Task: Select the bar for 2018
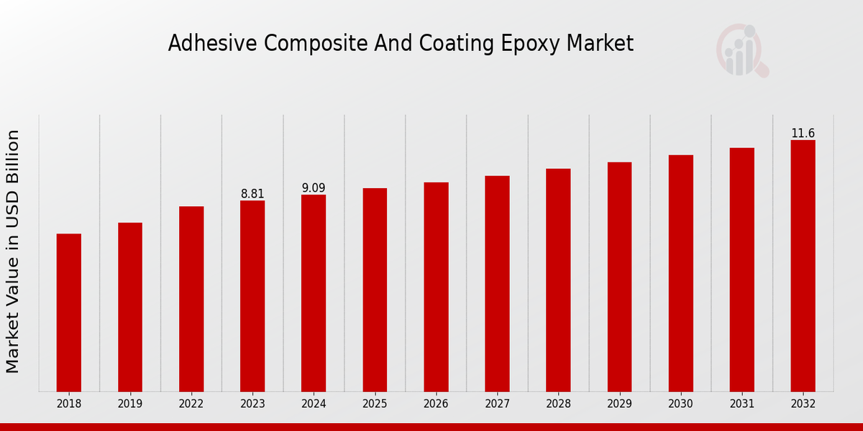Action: coord(69,312)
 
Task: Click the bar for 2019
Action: coord(130,307)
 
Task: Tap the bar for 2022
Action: coord(191,299)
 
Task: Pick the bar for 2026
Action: coord(436,287)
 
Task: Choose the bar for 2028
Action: coord(558,280)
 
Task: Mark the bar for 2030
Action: coord(681,273)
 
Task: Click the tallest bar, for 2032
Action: coord(803,266)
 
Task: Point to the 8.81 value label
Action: coord(252,194)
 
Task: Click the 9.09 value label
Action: coord(314,188)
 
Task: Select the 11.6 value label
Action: coord(803,134)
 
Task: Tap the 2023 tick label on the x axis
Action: coord(252,404)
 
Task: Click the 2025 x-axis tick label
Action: coord(375,404)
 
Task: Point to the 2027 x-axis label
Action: coord(497,404)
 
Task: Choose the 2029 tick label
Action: coord(619,404)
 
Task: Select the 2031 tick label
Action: coord(742,404)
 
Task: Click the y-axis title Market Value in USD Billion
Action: coord(13,251)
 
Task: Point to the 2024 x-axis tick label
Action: coord(314,404)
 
